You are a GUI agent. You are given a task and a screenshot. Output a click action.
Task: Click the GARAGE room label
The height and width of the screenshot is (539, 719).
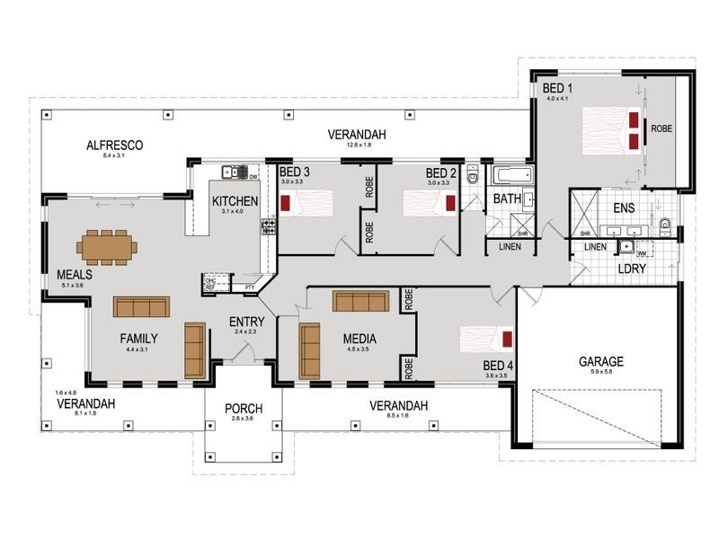point(601,362)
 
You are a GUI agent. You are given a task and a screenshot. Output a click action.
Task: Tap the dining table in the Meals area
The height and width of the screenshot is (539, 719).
point(107,244)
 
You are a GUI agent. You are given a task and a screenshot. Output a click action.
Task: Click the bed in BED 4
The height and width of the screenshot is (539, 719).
point(486,339)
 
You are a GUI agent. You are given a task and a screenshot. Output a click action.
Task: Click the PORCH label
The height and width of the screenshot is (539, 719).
point(242,408)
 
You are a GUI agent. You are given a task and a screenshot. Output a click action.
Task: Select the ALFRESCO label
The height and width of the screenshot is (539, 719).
point(116,145)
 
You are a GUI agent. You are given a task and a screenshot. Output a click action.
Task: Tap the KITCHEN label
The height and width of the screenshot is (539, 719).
point(235,200)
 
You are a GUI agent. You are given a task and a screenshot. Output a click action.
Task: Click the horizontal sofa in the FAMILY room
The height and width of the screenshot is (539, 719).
point(141,306)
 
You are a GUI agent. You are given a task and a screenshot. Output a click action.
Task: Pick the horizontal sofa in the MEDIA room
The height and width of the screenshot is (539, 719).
point(360,301)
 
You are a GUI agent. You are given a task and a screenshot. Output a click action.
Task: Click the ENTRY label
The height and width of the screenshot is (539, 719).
point(246,322)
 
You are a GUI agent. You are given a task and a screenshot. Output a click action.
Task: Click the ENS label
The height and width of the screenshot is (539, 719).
point(624,208)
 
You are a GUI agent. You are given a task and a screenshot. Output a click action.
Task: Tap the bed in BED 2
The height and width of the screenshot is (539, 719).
point(422,204)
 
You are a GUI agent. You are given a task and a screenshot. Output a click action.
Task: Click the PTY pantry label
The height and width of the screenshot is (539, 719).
point(250,287)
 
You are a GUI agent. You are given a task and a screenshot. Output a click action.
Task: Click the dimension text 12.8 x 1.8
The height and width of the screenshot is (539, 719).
point(350,146)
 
